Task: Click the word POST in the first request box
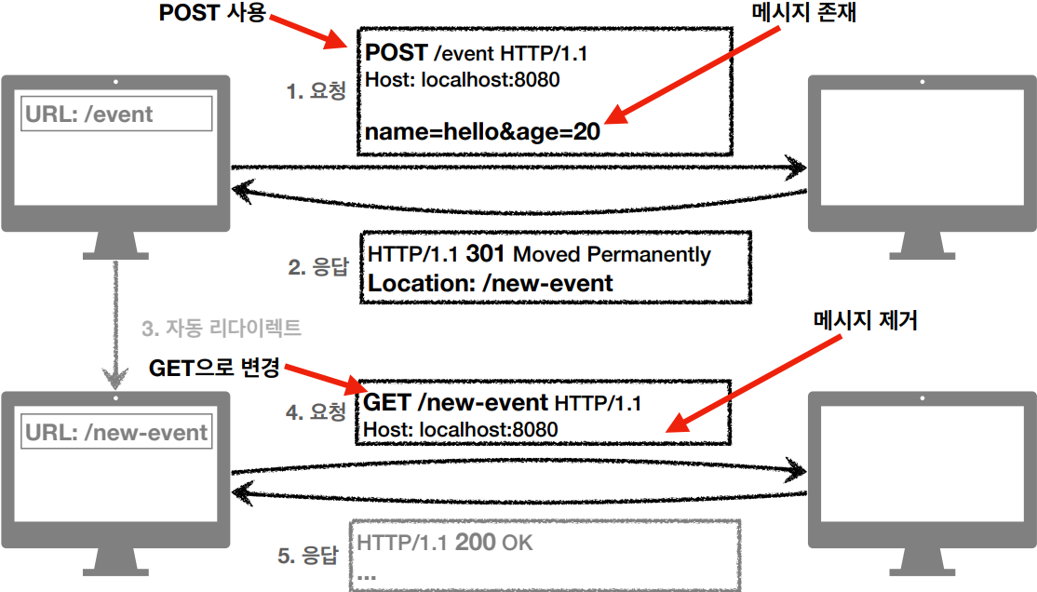pos(396,53)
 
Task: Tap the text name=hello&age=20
pos(482,132)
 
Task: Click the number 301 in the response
pos(487,253)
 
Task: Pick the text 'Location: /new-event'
pos(491,283)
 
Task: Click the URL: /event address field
pos(116,114)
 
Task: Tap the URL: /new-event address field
pos(116,432)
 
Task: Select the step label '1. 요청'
pos(316,91)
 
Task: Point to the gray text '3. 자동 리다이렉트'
pos(222,329)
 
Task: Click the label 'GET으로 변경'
pos(214,368)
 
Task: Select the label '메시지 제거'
pos(866,321)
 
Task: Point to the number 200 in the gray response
pos(475,542)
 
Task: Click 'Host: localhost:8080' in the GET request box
pos(460,429)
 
